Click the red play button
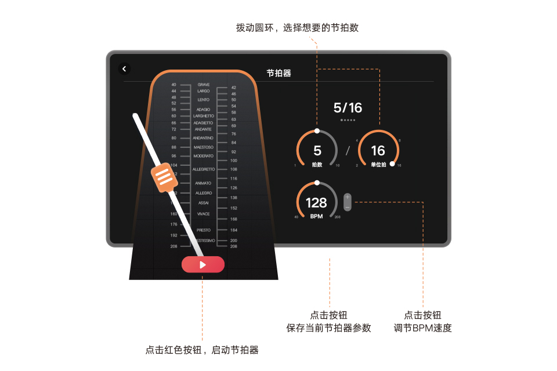[x=202, y=264]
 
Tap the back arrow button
[x=124, y=69]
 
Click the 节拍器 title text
[x=278, y=74]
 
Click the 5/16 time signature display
[x=348, y=108]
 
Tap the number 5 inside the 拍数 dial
[x=317, y=151]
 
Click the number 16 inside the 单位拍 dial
[x=378, y=151]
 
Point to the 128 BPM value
[x=316, y=203]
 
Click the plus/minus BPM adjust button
[x=347, y=202]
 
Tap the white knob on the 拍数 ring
[x=317, y=131]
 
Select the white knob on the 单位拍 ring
[x=393, y=164]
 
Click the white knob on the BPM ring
[x=317, y=183]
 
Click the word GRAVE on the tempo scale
[x=203, y=85]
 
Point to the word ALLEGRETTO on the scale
[x=203, y=169]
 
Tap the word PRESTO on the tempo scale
[x=203, y=230]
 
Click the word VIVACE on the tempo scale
[x=203, y=214]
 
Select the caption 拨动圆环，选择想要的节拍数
[x=297, y=28]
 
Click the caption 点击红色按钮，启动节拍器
[x=202, y=350]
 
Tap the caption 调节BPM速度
[x=422, y=328]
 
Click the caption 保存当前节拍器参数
[x=328, y=328]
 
